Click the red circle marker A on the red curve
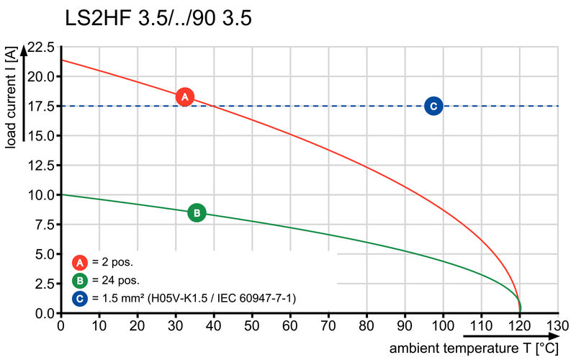point(184,96)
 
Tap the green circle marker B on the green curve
point(197,212)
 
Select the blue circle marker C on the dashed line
point(433,106)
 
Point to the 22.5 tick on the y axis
point(40,48)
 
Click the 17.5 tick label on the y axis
point(40,107)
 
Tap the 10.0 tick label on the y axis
point(40,194)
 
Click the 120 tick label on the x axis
point(520,325)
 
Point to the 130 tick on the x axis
point(558,325)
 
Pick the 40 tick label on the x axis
point(214,325)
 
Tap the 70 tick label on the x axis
point(328,325)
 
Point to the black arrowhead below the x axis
point(523,336)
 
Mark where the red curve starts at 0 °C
point(61,60)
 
